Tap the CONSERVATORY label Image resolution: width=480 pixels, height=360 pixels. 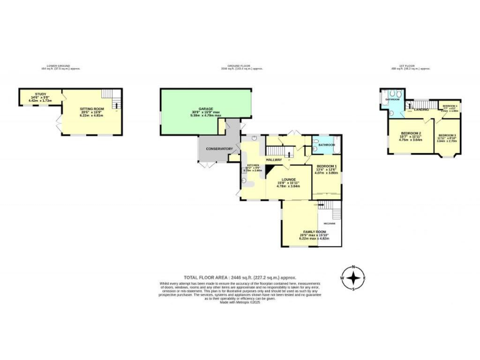pos(219,149)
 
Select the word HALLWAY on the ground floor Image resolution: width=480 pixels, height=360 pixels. pos(274,160)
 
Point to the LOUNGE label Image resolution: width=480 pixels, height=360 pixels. pos(288,179)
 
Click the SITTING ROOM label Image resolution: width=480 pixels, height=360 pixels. pos(91,109)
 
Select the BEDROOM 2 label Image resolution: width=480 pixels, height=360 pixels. pos(411,134)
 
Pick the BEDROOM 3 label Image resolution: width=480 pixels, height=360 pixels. pos(447,135)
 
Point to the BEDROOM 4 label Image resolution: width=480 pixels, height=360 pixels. pos(450,106)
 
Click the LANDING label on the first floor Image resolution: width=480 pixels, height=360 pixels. pos(422,109)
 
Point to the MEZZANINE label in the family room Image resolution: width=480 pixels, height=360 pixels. pos(329,223)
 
